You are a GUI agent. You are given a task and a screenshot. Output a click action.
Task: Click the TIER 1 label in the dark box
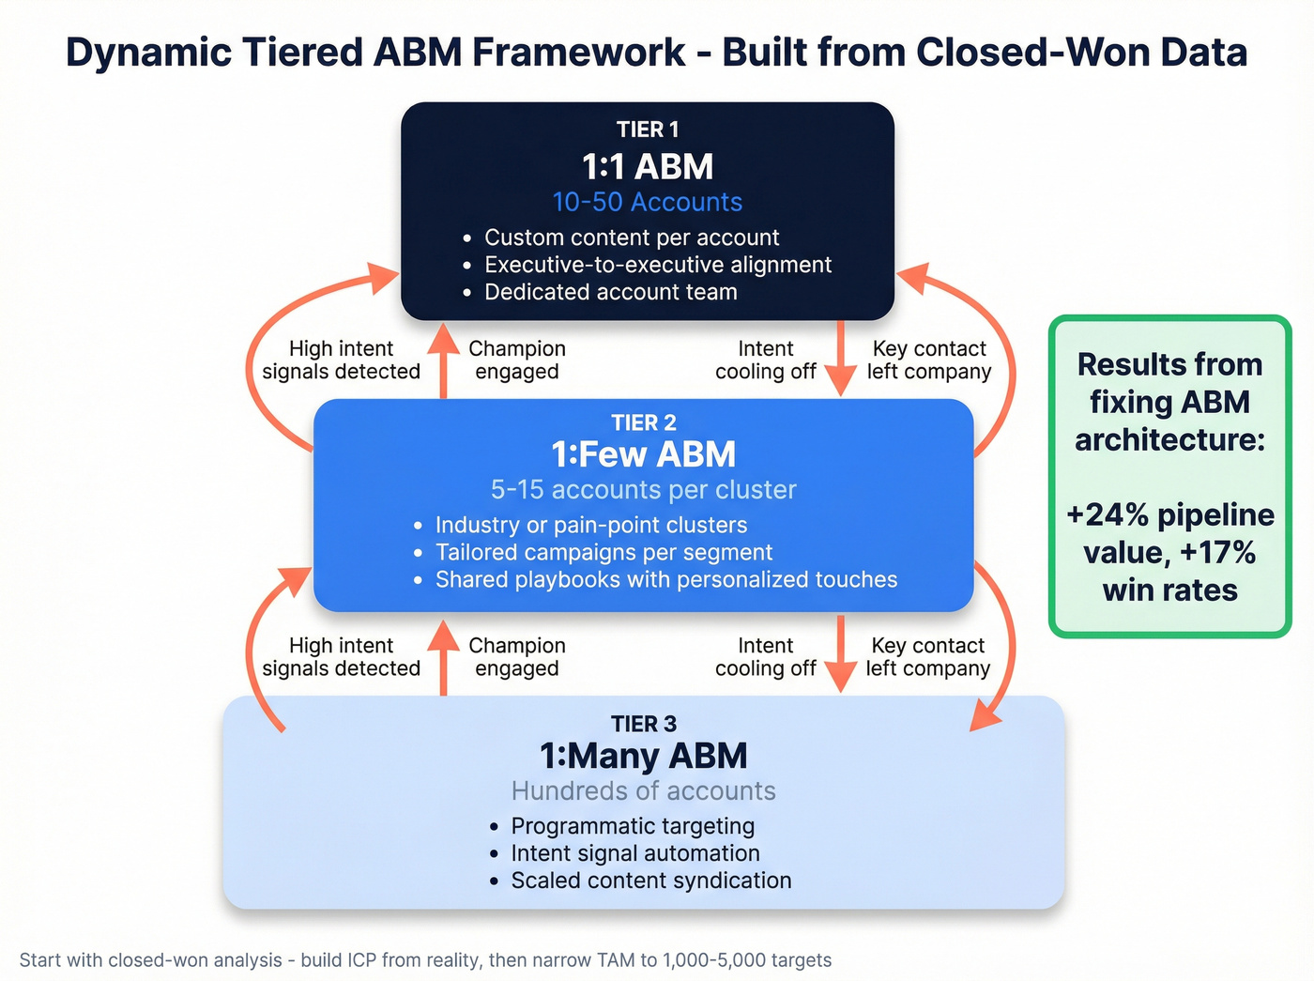(647, 130)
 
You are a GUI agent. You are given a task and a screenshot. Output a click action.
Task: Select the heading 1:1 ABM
(647, 167)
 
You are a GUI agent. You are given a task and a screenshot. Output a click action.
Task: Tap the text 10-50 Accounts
(647, 202)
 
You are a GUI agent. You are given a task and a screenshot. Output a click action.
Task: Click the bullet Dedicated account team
(610, 292)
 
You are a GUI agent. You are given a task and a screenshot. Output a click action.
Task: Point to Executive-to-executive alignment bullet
(657, 265)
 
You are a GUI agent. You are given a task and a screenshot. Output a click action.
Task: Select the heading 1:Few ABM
(643, 454)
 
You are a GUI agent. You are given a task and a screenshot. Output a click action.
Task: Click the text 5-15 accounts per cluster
(643, 489)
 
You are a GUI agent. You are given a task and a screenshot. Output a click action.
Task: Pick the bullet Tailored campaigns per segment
(604, 552)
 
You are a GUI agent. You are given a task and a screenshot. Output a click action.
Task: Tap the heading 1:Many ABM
(643, 756)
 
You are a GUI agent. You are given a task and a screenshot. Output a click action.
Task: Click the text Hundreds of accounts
(643, 790)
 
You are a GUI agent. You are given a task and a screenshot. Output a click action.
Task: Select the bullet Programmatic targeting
(633, 826)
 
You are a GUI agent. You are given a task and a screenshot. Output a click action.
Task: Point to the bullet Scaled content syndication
(650, 881)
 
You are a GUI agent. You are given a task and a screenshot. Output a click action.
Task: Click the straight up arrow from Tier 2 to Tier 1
(443, 361)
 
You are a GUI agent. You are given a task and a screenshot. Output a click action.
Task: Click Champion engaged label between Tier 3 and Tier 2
(516, 657)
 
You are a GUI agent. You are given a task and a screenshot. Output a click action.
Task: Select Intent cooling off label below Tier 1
(765, 360)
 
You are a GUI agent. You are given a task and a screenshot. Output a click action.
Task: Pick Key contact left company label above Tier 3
(927, 657)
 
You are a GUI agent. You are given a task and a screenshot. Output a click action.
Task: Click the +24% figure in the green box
(1108, 515)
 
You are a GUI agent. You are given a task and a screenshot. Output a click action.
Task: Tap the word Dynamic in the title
(148, 53)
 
